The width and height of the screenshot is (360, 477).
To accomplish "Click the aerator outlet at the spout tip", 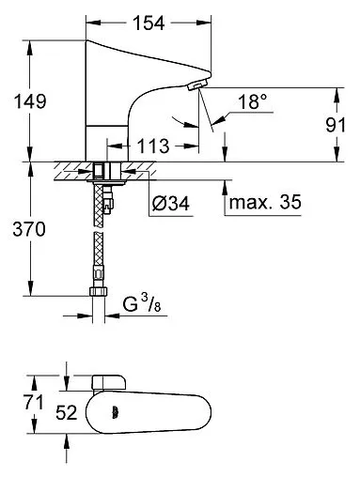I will pyautogui.click(x=196, y=88).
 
